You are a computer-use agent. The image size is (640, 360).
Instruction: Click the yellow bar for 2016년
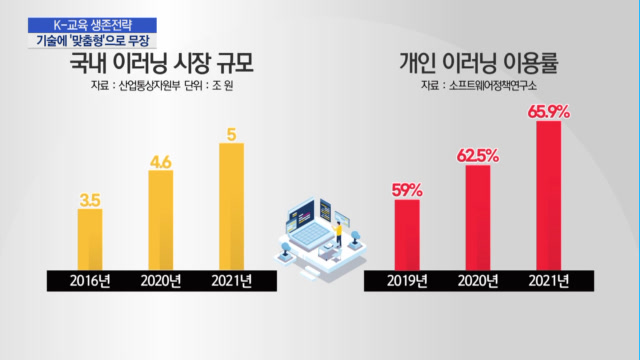click(x=90, y=240)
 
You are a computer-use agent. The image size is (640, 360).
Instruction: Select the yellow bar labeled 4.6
click(x=161, y=220)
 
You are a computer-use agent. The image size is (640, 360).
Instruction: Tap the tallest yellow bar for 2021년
click(x=231, y=207)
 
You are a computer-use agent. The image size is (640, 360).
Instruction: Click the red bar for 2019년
click(x=407, y=235)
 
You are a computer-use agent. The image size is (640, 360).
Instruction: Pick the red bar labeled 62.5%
click(x=478, y=218)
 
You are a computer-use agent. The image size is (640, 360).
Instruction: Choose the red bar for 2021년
click(x=549, y=196)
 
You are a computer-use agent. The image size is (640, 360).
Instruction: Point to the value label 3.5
click(x=90, y=200)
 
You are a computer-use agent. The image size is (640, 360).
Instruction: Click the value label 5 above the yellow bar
click(x=231, y=134)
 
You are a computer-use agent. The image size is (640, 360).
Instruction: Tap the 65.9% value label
click(x=549, y=112)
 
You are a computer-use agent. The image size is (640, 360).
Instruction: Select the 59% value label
click(x=407, y=190)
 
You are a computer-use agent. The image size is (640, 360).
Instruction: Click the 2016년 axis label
click(x=90, y=281)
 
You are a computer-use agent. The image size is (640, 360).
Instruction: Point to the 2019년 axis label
click(x=407, y=281)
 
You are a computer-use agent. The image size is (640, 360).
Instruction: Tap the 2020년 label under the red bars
click(x=478, y=281)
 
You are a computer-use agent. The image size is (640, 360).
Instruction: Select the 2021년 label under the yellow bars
click(x=231, y=281)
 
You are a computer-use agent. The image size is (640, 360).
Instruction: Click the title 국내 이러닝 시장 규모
click(x=162, y=63)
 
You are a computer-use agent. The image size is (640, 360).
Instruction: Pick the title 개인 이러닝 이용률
click(x=478, y=63)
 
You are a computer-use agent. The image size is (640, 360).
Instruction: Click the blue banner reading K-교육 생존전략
click(x=92, y=25)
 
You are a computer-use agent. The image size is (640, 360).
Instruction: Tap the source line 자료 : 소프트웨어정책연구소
click(x=479, y=86)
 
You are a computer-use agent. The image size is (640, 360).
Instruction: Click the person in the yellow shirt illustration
click(x=338, y=234)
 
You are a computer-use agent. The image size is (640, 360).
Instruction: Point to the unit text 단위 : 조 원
click(x=209, y=86)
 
